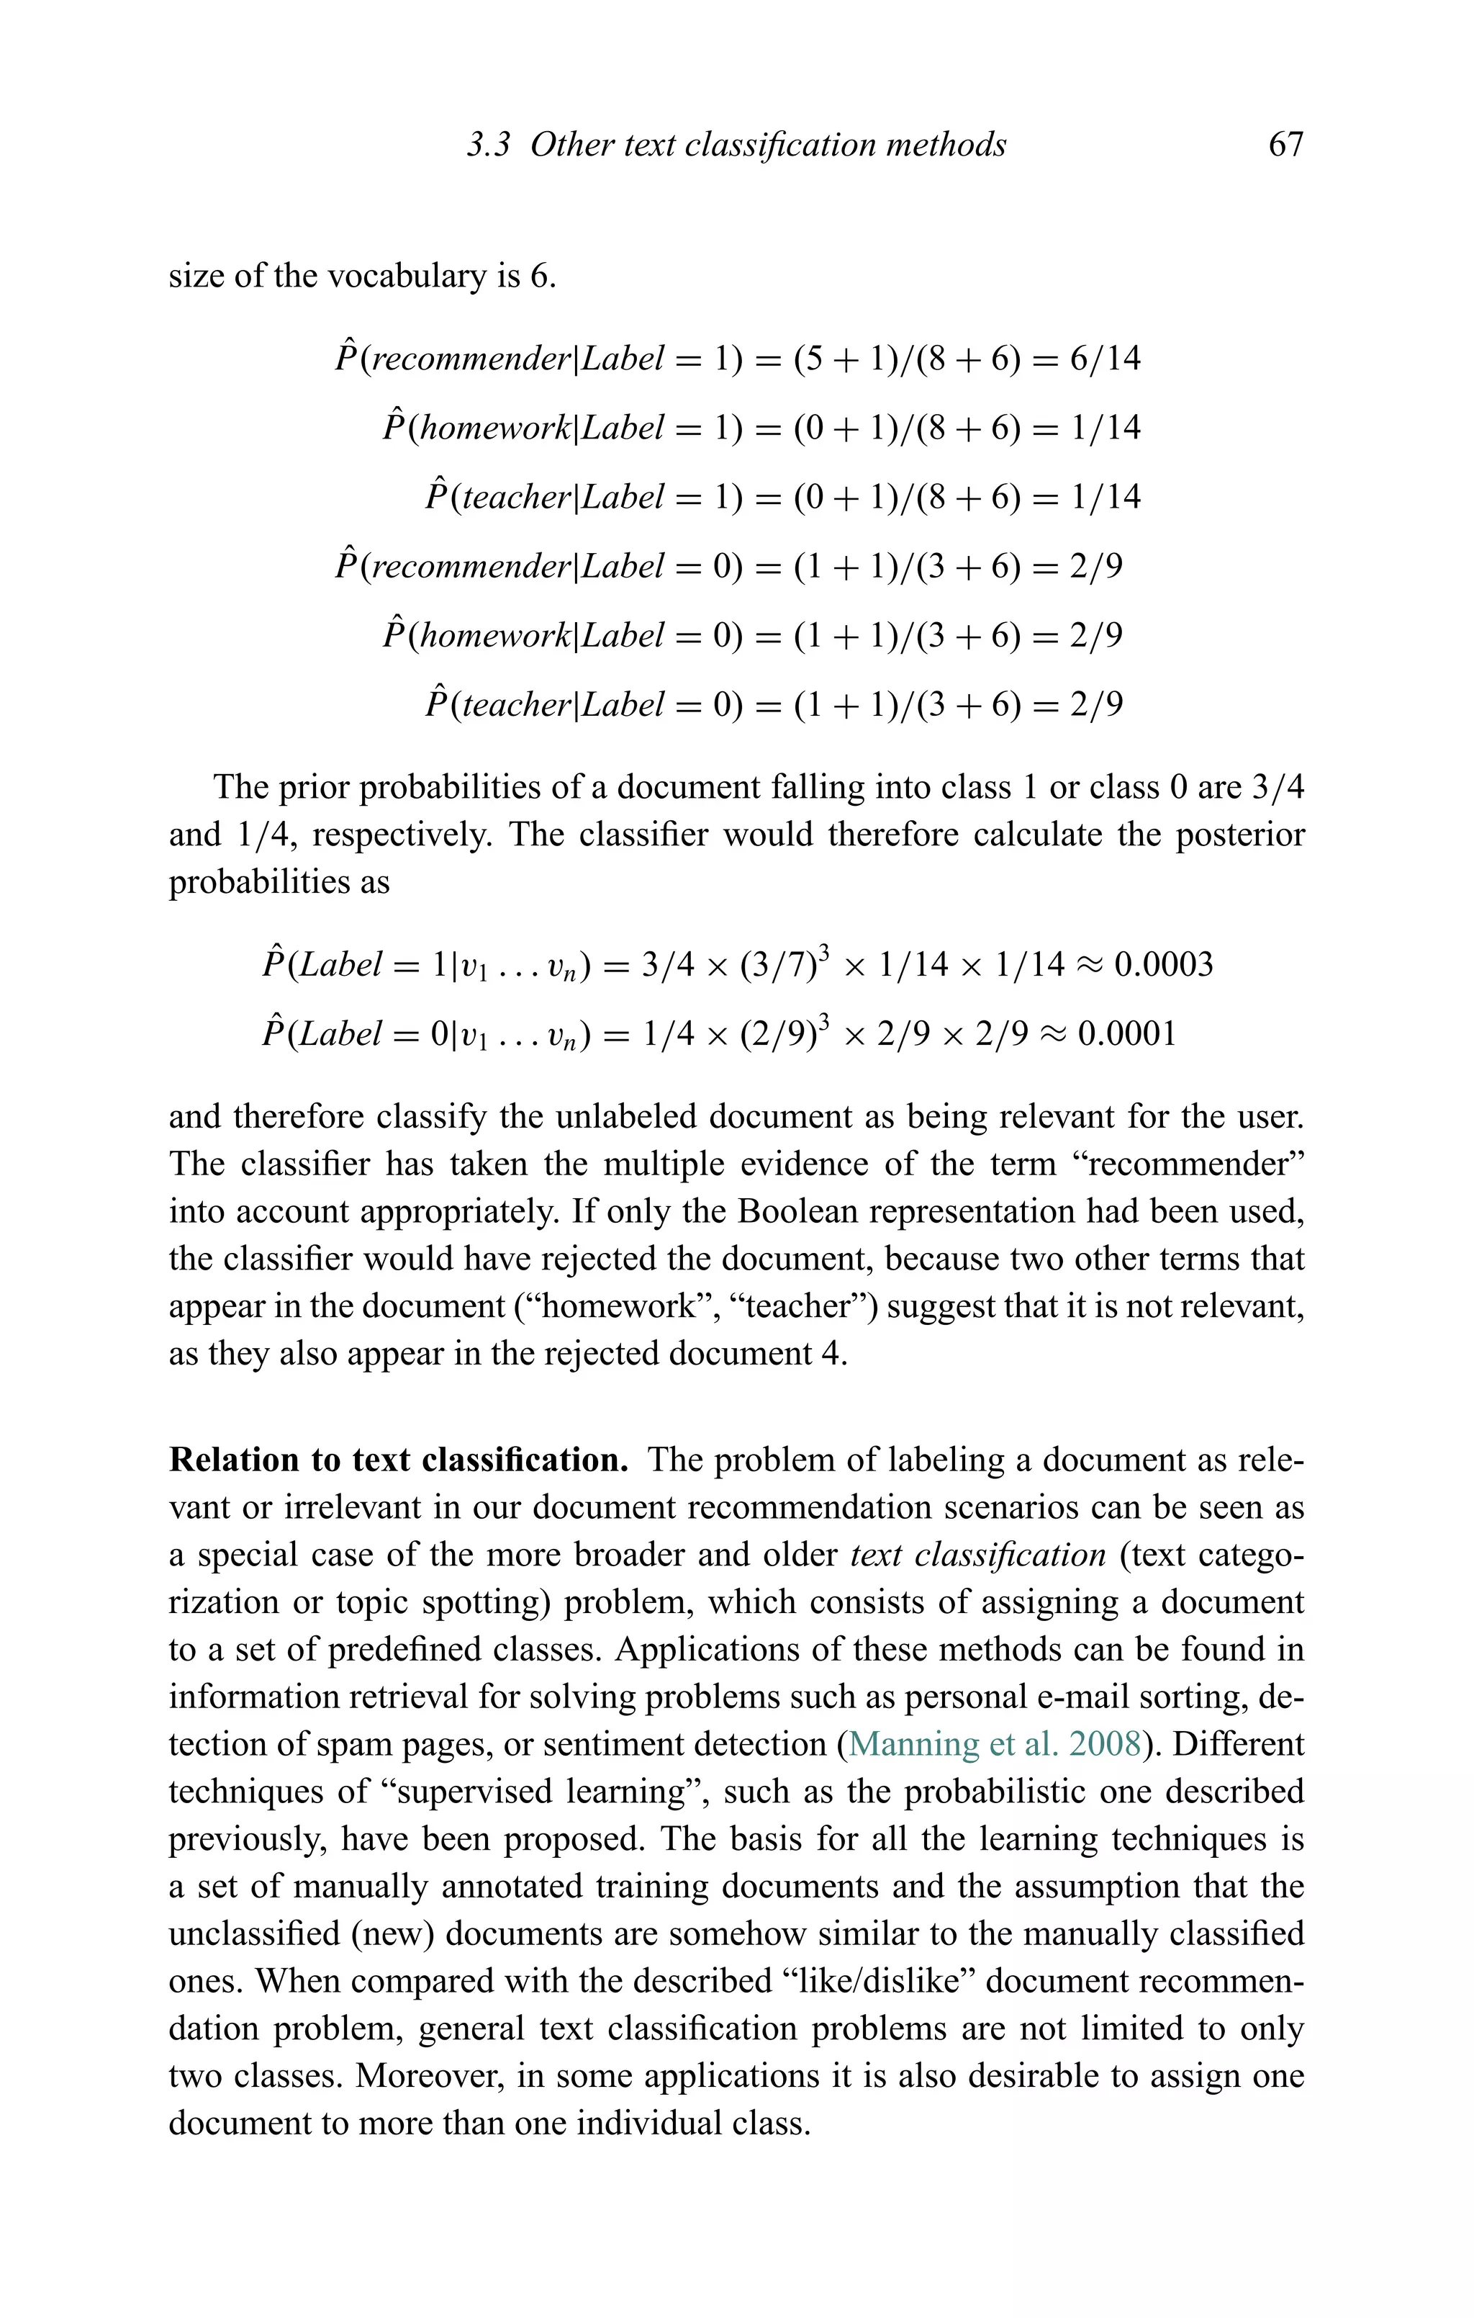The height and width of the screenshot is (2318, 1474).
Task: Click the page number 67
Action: (x=1285, y=145)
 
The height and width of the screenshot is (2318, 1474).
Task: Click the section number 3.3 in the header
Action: (x=488, y=145)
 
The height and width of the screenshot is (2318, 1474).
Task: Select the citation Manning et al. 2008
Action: (x=995, y=1743)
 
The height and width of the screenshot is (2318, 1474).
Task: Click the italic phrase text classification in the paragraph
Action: (x=977, y=1555)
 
